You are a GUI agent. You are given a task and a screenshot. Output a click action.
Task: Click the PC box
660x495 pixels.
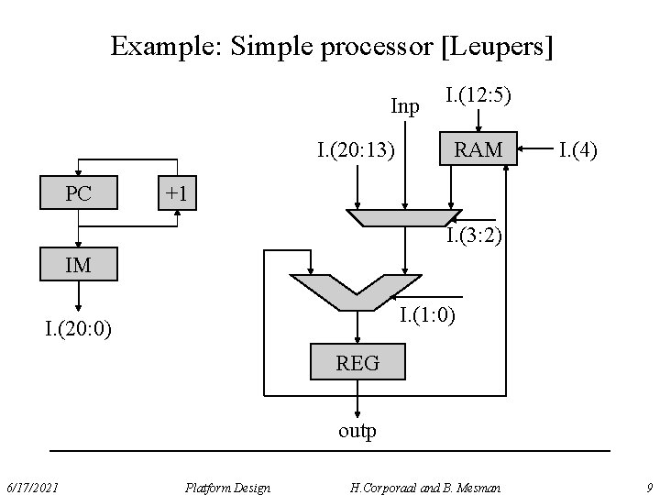tap(78, 194)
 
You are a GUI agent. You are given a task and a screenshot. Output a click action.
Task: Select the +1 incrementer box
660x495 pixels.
tap(176, 194)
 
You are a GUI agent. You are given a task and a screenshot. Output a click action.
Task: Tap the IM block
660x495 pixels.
tap(78, 266)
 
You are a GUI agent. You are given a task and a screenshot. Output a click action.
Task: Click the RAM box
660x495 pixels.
tap(479, 148)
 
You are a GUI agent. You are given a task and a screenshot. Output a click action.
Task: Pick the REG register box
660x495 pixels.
tap(357, 363)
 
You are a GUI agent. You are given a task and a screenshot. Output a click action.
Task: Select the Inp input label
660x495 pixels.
tap(404, 106)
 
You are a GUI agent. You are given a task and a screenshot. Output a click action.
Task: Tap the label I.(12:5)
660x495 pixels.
tap(478, 94)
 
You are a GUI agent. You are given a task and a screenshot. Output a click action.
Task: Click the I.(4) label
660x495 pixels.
tap(577, 148)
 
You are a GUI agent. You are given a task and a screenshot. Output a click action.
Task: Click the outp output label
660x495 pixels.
tap(357, 430)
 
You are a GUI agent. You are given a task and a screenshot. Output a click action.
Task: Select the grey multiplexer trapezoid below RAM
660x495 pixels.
tap(403, 217)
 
